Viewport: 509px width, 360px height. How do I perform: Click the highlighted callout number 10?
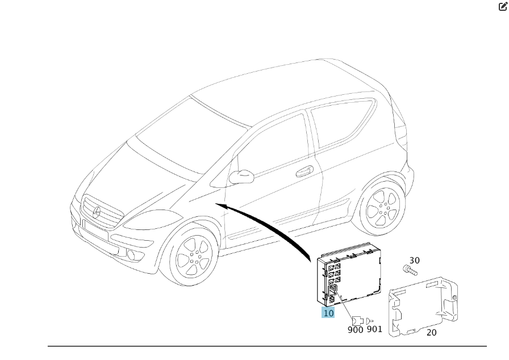(x=328, y=313)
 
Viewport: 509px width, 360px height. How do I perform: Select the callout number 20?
(x=431, y=332)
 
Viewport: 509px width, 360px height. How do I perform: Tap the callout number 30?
(x=415, y=261)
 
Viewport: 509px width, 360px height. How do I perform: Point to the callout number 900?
(x=356, y=330)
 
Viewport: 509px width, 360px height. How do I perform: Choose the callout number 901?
(x=374, y=329)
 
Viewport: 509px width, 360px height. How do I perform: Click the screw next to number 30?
(x=410, y=270)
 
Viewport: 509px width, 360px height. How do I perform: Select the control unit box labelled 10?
(x=349, y=274)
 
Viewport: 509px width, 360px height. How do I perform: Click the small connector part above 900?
(x=358, y=321)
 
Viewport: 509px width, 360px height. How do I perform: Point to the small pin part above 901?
(x=369, y=321)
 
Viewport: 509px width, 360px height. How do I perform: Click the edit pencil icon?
(x=503, y=6)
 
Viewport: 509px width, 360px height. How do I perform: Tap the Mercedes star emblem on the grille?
(x=97, y=212)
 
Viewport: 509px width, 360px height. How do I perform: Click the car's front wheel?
(x=192, y=257)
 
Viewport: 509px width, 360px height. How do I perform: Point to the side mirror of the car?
(x=241, y=177)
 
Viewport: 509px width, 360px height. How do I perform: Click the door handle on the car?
(x=304, y=171)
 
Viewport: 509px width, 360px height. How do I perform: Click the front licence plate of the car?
(x=95, y=229)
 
